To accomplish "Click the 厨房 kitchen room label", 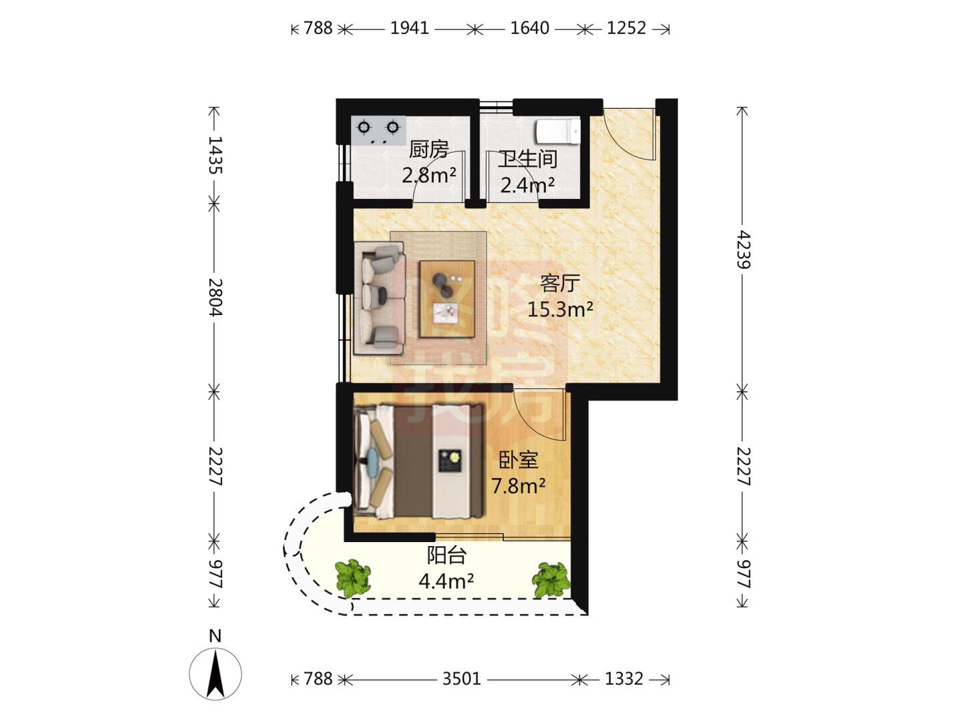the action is pos(428,150).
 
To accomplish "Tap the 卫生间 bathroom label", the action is pos(528,159).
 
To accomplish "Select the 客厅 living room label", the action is pos(559,283).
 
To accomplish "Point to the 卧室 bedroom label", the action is pos(519,460).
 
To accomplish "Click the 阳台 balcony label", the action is pos(446,555).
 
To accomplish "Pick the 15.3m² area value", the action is pos(560,310).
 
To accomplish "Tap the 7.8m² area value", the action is pos(519,486).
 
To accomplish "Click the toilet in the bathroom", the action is pos(559,131).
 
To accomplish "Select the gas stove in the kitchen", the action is pos(378,130).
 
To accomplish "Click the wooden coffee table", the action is pos(447,299).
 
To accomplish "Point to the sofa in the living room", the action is pos(379,298).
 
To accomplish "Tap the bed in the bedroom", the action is pos(419,461).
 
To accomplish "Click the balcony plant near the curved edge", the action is pos(353,577).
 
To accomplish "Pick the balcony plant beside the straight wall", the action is pos(551,579).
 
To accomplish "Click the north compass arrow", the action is pos(216,674).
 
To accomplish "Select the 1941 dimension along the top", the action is pos(409,28).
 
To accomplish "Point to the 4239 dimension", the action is pos(743,250).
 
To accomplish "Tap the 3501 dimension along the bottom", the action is pos(461,679).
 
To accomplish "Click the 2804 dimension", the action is pos(215,297).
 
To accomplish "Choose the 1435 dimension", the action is pos(215,155).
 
